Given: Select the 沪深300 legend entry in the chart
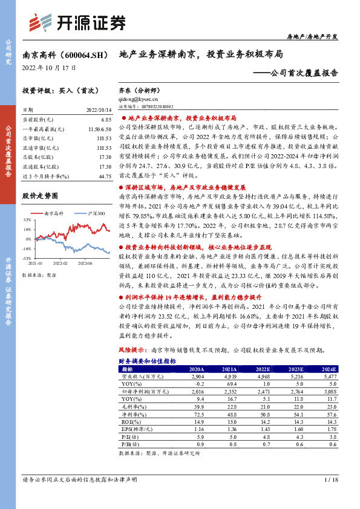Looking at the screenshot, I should coord(96,213).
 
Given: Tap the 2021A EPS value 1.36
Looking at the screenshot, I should coord(229,430).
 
